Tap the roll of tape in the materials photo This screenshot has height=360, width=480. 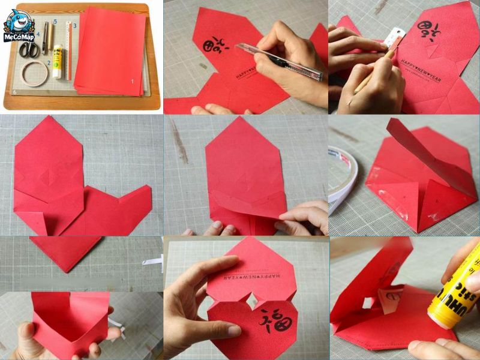pyautogui.click(x=35, y=73)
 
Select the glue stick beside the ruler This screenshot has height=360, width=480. pyautogui.click(x=58, y=62)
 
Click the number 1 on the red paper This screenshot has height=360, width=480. pyautogui.click(x=133, y=80)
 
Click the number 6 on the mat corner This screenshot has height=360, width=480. pyautogui.click(x=14, y=92)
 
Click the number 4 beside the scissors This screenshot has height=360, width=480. pyautogui.click(x=37, y=34)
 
